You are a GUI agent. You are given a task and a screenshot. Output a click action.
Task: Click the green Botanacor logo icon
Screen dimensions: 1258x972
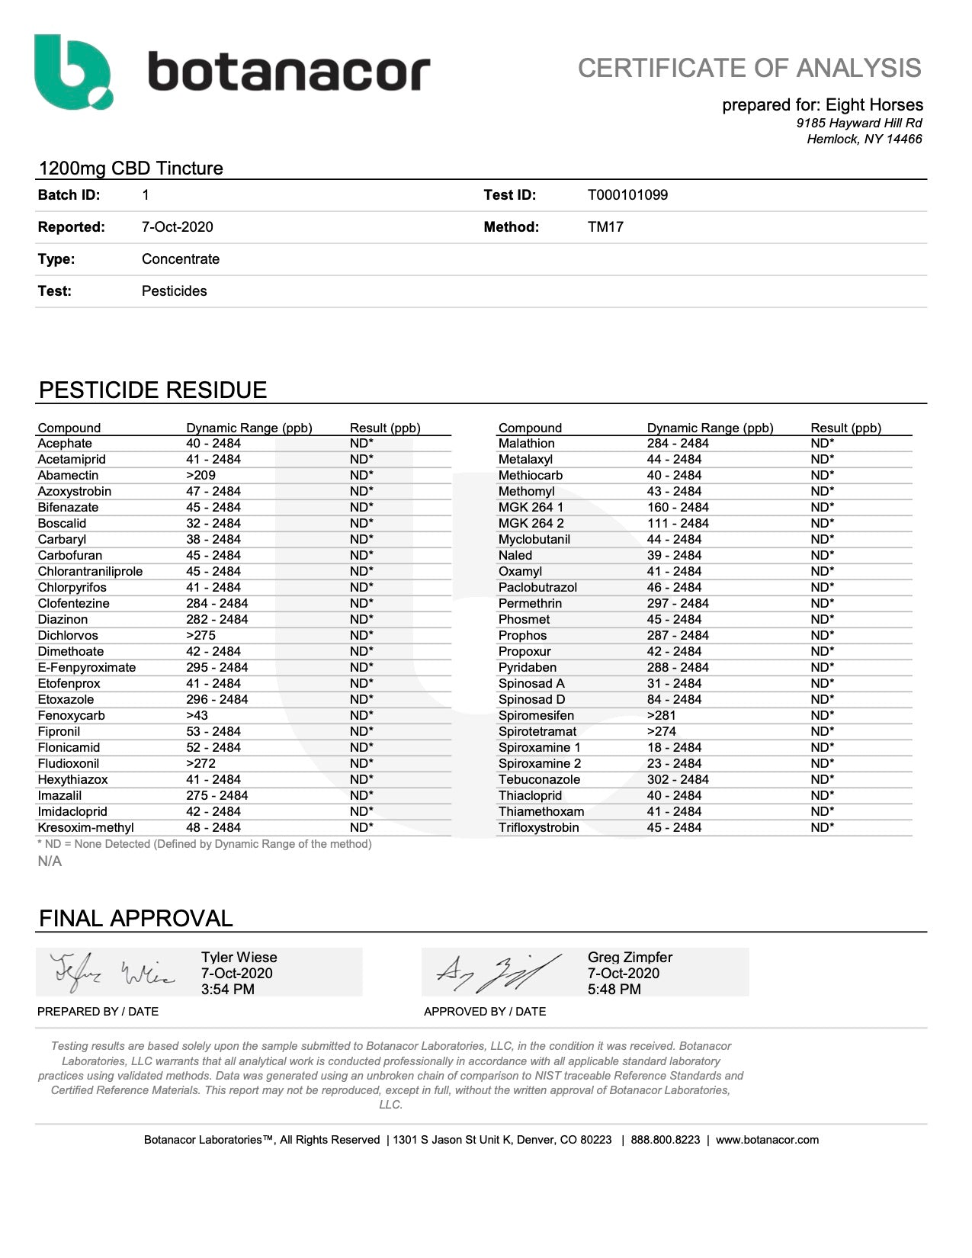(x=73, y=72)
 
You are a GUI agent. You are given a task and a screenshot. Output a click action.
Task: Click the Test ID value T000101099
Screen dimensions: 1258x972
(x=627, y=195)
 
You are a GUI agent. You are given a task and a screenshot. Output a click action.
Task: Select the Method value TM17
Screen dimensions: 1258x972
(x=605, y=227)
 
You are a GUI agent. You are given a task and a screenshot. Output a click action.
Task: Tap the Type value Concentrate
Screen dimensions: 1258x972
(x=181, y=259)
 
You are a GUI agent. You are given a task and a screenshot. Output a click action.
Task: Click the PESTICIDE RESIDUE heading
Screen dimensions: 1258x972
(x=152, y=390)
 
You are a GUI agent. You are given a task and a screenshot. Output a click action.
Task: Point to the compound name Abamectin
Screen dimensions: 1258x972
(x=68, y=476)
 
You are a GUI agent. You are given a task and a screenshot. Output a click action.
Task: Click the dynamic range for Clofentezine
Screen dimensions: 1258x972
(x=217, y=604)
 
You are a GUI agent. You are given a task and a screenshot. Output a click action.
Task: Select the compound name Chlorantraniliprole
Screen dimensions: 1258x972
(x=90, y=572)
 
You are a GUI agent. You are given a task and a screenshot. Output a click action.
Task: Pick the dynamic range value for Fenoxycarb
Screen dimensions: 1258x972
(x=197, y=716)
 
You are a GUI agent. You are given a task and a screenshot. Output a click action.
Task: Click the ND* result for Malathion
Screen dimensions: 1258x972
(x=823, y=444)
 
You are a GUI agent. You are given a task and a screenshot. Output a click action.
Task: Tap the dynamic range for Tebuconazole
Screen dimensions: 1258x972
(x=678, y=780)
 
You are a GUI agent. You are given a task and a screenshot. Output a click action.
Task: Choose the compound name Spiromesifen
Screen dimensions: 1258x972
(x=536, y=716)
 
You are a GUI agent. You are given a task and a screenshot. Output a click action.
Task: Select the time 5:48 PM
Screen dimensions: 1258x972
(x=614, y=990)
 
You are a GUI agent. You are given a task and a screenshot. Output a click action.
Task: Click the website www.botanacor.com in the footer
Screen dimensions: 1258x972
(x=767, y=1140)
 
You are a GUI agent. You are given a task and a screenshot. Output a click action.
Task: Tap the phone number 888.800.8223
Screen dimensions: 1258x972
(x=665, y=1140)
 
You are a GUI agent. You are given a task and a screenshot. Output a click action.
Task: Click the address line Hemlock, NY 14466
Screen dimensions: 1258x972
(x=865, y=140)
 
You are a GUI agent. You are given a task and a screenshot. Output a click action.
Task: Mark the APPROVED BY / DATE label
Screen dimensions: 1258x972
(x=485, y=1012)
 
